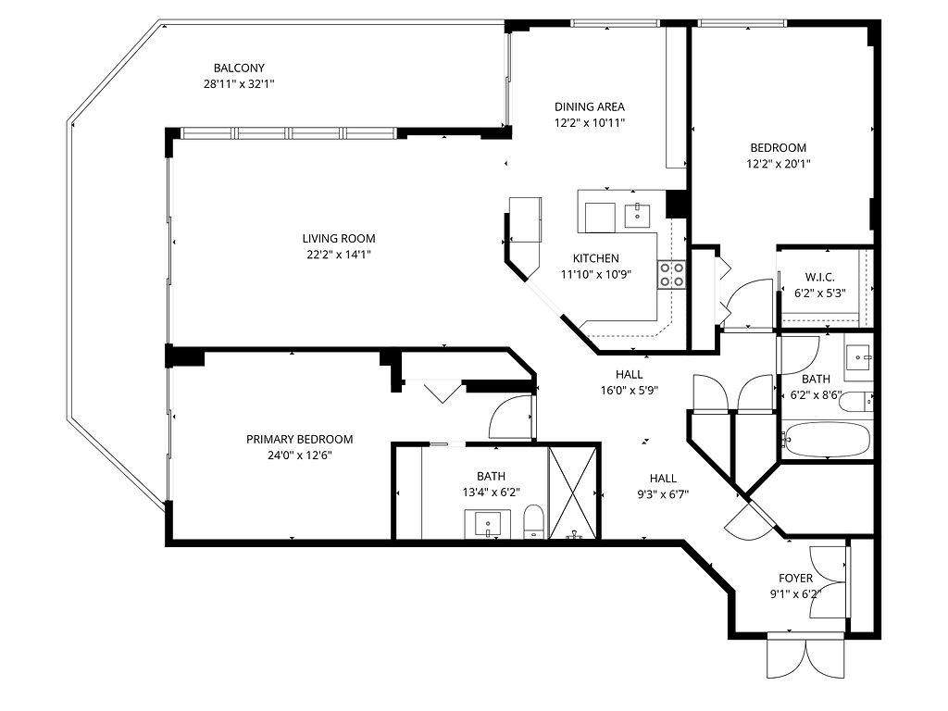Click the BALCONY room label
click(x=239, y=69)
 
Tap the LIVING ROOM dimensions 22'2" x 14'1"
click(x=339, y=255)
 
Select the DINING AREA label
click(x=590, y=107)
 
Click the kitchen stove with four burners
click(x=671, y=274)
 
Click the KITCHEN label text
click(x=596, y=258)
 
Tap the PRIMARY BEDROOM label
click(x=299, y=440)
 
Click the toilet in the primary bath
click(x=534, y=521)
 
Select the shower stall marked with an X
click(x=573, y=492)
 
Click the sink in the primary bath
click(x=487, y=524)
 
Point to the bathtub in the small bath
click(x=826, y=441)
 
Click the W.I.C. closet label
click(x=820, y=278)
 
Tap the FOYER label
click(x=795, y=579)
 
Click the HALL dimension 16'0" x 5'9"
click(x=629, y=391)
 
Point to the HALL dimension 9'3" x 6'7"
click(x=663, y=494)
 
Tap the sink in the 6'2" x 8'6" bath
click(x=858, y=358)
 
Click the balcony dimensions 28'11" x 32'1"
click(x=239, y=84)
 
